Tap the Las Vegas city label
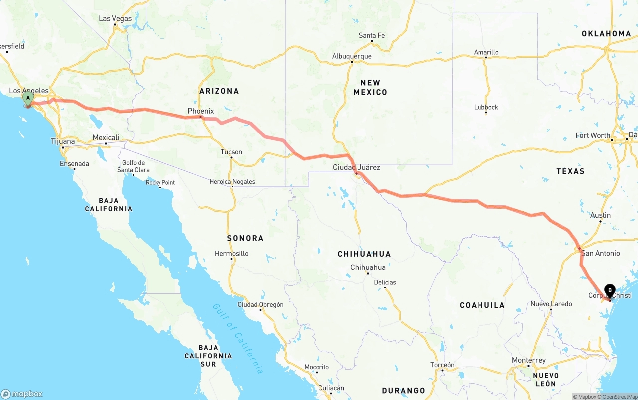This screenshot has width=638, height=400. (115, 18)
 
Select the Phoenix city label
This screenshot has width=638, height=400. (201, 111)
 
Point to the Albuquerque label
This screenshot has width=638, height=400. (352, 56)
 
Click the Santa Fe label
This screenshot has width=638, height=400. (372, 35)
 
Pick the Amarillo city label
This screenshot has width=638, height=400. (486, 52)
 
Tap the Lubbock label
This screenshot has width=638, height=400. (486, 107)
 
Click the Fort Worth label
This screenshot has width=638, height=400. (592, 135)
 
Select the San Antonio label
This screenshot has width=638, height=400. (601, 253)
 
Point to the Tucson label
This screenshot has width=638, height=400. (231, 152)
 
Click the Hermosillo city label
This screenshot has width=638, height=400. (231, 253)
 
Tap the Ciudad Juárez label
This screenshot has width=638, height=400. (356, 167)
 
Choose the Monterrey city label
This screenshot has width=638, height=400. (529, 360)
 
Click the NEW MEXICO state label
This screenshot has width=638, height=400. (370, 87)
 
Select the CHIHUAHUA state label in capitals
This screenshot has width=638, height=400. (364, 254)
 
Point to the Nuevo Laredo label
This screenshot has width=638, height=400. (551, 304)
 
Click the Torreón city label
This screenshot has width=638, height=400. (442, 365)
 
